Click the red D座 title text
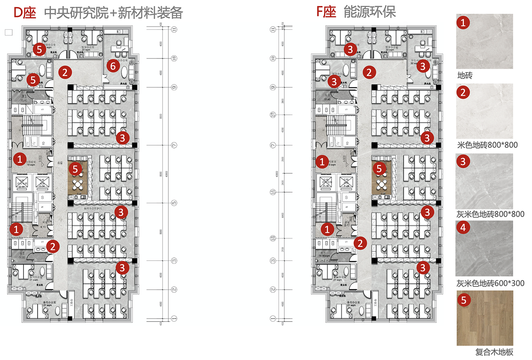(25, 13)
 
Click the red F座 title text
(326, 12)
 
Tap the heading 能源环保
(369, 12)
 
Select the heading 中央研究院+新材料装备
(113, 13)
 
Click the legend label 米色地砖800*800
(487, 145)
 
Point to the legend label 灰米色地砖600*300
(490, 283)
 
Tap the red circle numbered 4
(463, 227)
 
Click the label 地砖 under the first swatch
(465, 75)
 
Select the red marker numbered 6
(113, 66)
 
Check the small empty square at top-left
(9, 33)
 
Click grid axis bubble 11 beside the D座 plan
(174, 29)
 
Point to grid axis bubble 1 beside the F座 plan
(272, 319)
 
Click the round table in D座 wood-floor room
(78, 184)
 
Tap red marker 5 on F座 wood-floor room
(378, 168)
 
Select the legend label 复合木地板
(494, 352)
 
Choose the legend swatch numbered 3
(484, 181)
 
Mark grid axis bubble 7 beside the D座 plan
(174, 145)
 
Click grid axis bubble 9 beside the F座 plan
(272, 87)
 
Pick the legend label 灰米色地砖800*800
(490, 214)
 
